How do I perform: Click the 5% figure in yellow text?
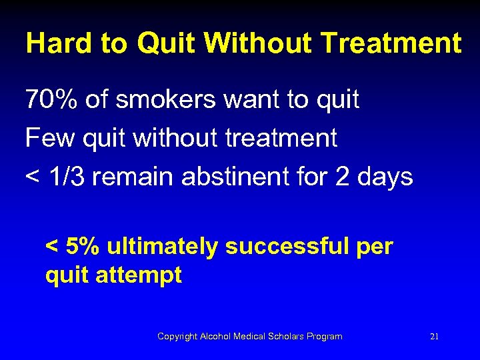tap(83, 247)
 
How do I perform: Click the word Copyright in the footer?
tap(177, 337)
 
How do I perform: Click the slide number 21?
tap(434, 337)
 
